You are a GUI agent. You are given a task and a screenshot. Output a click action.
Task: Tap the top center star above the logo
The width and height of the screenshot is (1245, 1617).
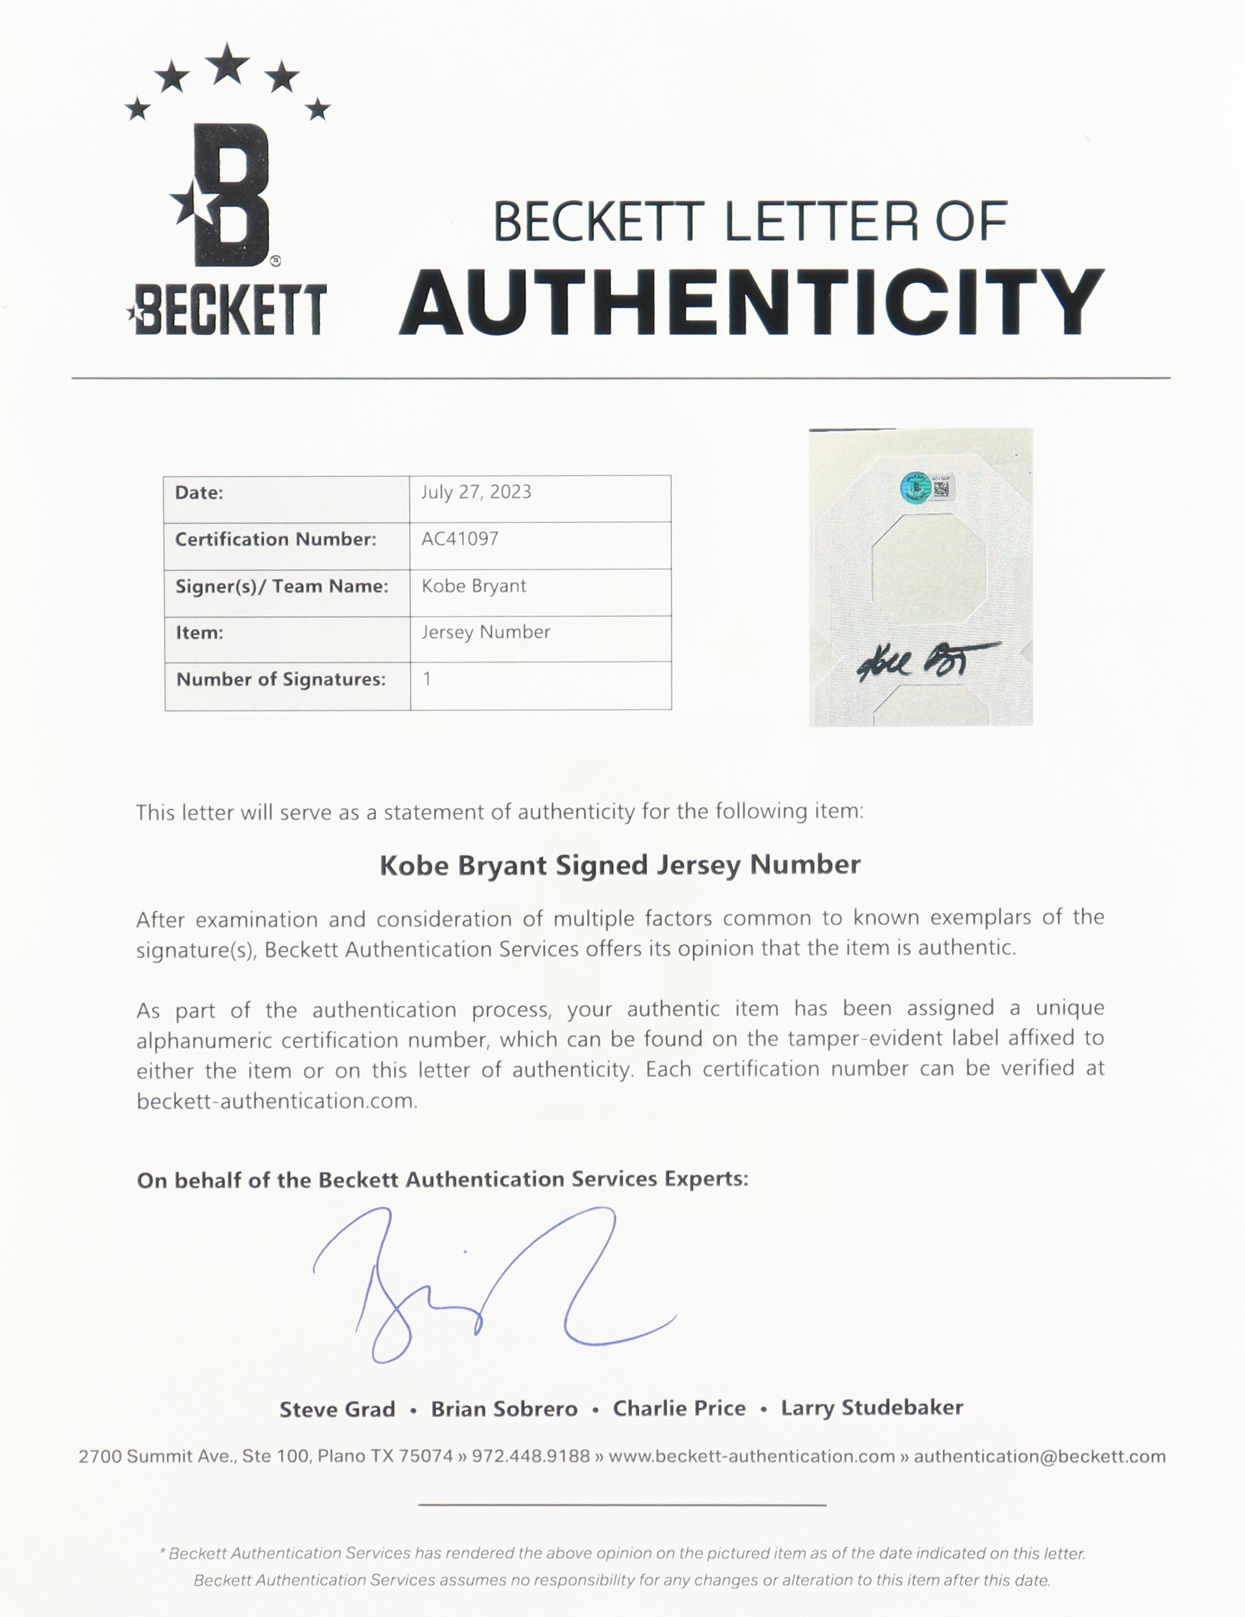point(227,64)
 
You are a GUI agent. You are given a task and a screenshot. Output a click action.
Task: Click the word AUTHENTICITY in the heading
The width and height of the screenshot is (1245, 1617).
point(751,302)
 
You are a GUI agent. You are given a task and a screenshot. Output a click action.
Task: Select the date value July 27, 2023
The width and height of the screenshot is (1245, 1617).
point(476,492)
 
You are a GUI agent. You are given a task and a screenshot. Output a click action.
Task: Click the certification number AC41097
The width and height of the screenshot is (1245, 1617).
point(460,539)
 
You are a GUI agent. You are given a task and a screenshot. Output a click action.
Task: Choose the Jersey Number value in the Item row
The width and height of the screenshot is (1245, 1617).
point(486,632)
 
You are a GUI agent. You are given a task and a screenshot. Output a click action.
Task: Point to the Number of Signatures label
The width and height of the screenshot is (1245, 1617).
point(281,680)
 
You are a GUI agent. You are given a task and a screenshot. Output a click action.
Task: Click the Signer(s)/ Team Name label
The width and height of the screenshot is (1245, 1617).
point(281,586)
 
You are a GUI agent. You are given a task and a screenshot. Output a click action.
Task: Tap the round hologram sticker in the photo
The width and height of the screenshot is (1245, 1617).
point(916,487)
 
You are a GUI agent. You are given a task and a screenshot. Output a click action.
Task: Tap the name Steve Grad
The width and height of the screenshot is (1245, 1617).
point(337,1409)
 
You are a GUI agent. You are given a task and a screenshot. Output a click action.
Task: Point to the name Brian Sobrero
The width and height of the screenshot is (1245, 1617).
point(504,1409)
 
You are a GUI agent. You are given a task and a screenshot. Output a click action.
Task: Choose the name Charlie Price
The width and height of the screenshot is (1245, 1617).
point(679,1408)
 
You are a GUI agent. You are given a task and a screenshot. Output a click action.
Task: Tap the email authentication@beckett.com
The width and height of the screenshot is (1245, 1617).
point(1039,1456)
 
